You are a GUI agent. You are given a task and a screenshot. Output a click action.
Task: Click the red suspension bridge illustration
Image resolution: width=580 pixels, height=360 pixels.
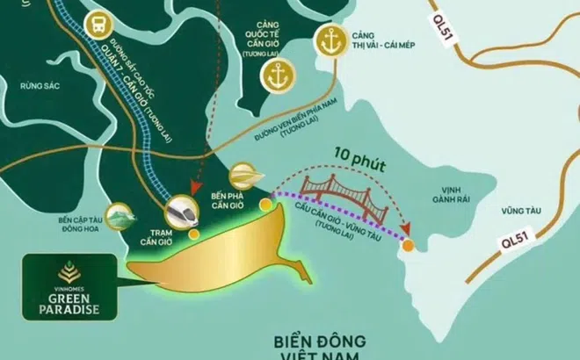335,195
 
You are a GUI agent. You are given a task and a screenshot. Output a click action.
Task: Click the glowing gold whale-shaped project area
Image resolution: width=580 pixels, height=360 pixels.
228,255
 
